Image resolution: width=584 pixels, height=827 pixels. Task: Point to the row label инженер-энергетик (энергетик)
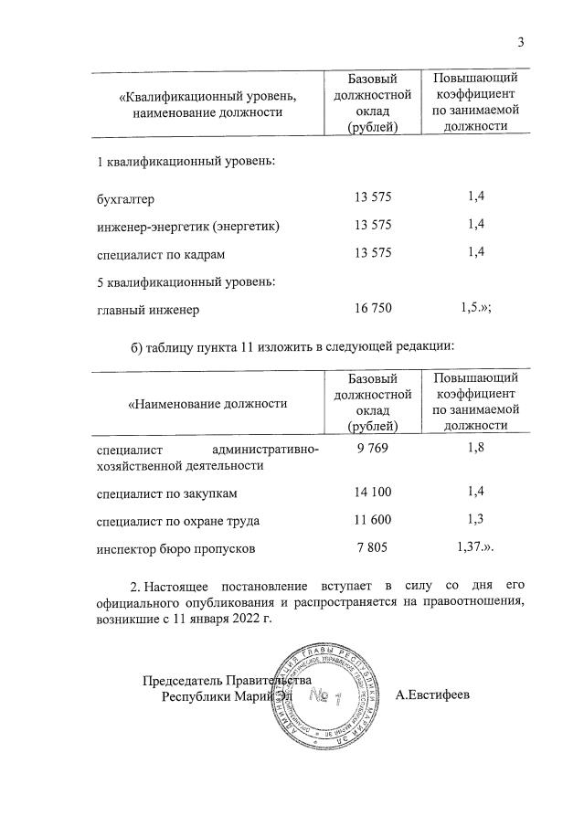187,226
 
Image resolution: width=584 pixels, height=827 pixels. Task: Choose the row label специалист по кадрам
160,253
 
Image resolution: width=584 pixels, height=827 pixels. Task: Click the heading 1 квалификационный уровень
186,162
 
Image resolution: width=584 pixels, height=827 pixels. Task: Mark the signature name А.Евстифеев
433,695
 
